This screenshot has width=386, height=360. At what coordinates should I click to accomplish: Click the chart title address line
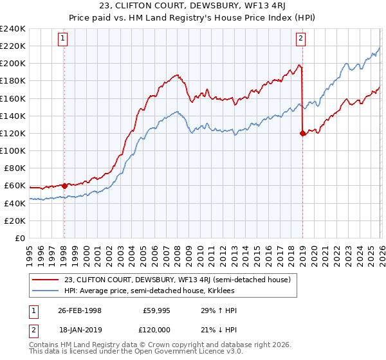[x=193, y=6]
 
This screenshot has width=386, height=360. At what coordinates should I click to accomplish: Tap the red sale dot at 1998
[x=64, y=186]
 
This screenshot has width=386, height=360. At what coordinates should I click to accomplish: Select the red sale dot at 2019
[x=302, y=133]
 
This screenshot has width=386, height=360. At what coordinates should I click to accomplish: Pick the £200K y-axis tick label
[x=13, y=63]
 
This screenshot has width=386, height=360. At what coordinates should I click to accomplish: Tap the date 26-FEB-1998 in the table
[x=81, y=310]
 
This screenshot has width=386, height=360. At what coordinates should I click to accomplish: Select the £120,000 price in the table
[x=157, y=329]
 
